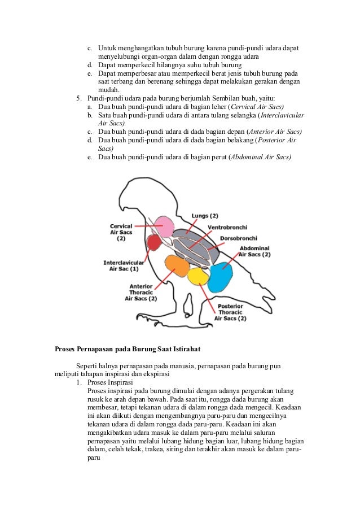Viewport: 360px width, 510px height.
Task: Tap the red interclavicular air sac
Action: (154, 243)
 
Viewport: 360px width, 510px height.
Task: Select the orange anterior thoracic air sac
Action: (177, 265)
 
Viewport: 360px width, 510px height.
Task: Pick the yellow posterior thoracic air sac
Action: (199, 276)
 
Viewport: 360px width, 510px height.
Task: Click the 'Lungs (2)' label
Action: (205, 216)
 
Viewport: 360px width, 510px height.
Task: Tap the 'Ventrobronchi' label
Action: (225, 227)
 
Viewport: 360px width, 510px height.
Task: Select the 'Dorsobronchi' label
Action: (239, 238)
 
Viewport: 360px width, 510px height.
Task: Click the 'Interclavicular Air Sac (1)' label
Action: (124, 265)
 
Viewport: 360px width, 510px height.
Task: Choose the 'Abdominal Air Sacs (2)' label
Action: (254, 251)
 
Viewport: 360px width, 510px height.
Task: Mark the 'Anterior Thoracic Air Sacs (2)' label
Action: (141, 292)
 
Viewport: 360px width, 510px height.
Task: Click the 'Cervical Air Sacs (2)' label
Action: (121, 231)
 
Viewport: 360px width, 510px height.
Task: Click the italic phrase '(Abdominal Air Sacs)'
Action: (260, 156)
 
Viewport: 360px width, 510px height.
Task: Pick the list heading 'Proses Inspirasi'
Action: (111, 382)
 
